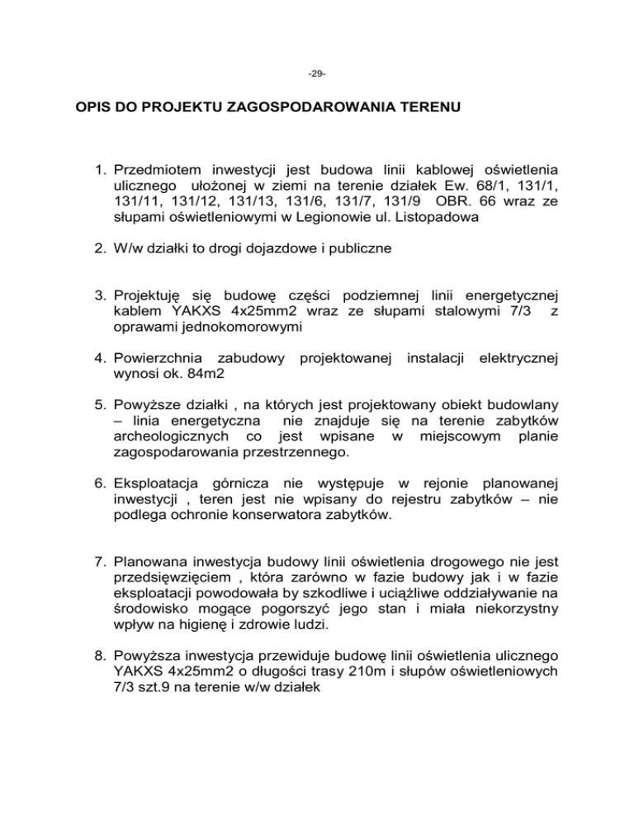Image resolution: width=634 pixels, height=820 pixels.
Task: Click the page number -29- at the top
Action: [316, 74]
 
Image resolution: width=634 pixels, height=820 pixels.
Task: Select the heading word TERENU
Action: [417, 108]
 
